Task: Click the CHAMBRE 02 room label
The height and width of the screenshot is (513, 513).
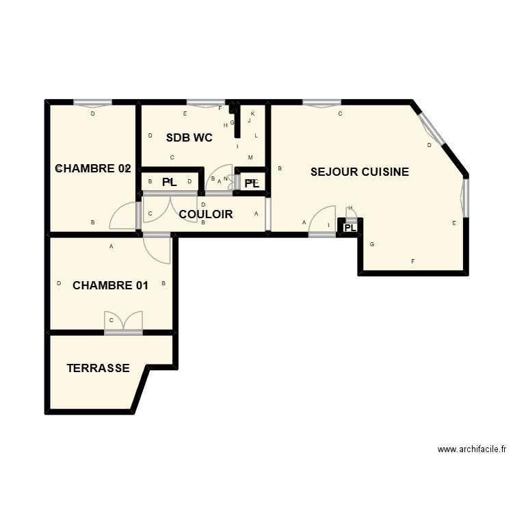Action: tap(92, 168)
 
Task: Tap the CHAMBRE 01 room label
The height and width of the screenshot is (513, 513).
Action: tap(110, 285)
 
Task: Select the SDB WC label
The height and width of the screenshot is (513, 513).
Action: tap(189, 137)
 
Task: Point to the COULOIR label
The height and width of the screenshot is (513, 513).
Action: tap(206, 214)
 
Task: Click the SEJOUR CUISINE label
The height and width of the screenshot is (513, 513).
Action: tap(360, 172)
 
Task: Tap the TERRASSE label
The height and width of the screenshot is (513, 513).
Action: tap(98, 368)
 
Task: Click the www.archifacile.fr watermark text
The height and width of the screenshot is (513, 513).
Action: tap(471, 449)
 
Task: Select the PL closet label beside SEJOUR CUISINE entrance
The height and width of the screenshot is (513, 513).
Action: tap(350, 228)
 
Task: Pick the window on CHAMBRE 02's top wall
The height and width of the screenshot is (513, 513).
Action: tap(93, 103)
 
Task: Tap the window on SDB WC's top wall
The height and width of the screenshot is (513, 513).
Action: tap(206, 103)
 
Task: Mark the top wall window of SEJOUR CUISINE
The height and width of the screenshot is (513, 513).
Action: tap(321, 103)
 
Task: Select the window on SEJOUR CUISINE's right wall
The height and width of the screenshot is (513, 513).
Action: tap(466, 198)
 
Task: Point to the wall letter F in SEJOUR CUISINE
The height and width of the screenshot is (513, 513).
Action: tap(412, 261)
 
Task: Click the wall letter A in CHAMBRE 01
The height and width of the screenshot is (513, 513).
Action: tap(111, 247)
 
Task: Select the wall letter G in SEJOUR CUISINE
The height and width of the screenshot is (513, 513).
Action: tap(372, 244)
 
